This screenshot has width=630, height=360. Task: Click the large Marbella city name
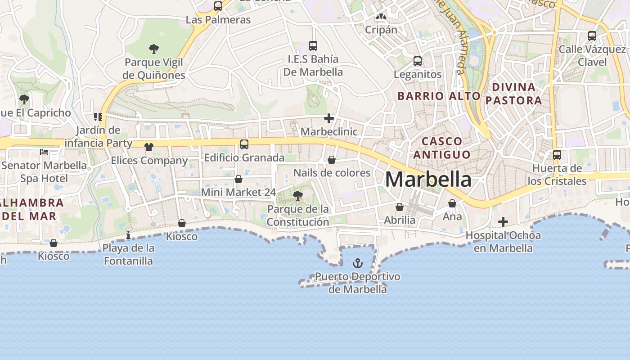[428, 180]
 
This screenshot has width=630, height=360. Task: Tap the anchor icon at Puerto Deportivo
[358, 263]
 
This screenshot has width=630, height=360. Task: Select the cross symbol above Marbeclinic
[329, 119]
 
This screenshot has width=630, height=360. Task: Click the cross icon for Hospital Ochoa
[503, 222]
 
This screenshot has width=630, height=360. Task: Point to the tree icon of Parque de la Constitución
[297, 196]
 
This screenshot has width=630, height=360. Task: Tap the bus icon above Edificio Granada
[244, 144]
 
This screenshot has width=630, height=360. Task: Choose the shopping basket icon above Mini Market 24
[238, 179]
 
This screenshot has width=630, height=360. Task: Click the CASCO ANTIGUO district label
[442, 148]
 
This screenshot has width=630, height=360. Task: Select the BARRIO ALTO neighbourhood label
[439, 96]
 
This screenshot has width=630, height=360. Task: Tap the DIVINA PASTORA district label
[514, 94]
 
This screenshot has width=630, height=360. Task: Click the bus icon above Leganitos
[418, 61]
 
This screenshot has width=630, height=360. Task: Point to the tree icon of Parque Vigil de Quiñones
[154, 49]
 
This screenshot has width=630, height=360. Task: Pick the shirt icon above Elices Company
[149, 147]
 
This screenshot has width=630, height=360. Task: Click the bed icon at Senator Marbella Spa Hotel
[44, 152]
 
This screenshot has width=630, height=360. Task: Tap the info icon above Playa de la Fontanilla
[128, 235]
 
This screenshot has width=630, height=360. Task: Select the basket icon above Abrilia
[400, 207]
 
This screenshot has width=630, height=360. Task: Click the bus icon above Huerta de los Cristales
[557, 155]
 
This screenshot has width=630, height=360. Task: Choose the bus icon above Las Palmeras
[218, 6]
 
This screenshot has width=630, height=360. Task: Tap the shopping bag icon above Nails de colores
[332, 160]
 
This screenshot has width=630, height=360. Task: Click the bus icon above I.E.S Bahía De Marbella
[313, 45]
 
